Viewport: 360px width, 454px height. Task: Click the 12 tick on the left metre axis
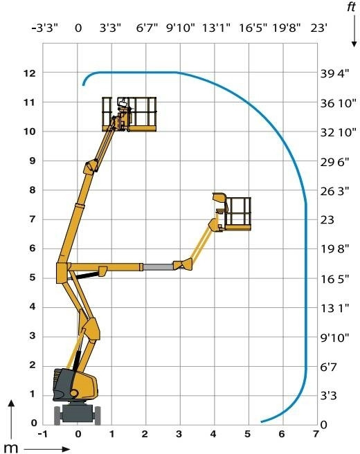point(29,73)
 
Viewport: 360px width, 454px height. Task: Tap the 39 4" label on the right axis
point(334,74)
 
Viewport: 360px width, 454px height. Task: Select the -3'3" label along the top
point(44,28)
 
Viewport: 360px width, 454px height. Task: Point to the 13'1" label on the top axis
point(216,28)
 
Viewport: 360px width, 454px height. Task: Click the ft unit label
point(351,6)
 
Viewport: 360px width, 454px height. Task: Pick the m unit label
point(10,448)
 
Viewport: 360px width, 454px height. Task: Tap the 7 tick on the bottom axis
point(316,434)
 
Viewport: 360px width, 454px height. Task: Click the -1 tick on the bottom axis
point(42,434)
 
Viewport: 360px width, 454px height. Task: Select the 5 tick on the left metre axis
point(33,278)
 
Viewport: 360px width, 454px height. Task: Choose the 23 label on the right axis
point(327,220)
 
